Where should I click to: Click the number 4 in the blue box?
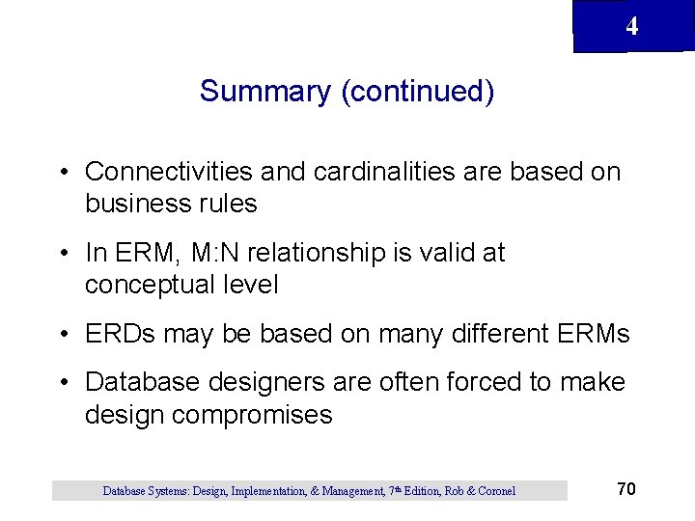(x=631, y=26)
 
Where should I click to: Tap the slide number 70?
(x=625, y=489)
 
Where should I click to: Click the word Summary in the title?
(x=264, y=92)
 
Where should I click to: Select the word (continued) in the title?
(x=417, y=92)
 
